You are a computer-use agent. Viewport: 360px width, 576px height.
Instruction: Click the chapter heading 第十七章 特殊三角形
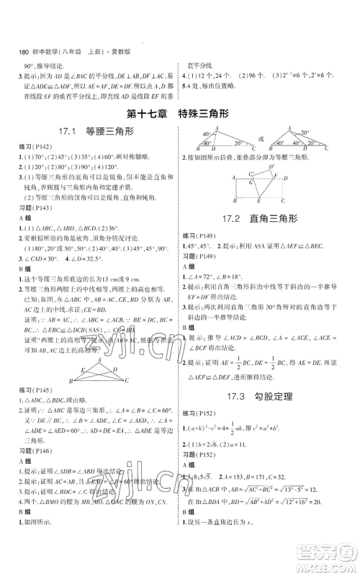[180, 112]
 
